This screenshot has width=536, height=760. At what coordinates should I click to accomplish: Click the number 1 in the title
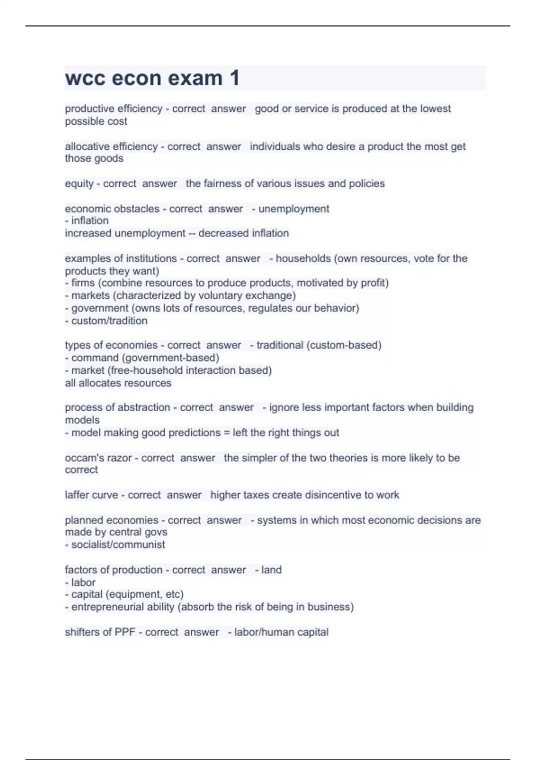pyautogui.click(x=234, y=78)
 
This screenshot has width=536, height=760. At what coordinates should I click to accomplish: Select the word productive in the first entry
pyautogui.click(x=88, y=109)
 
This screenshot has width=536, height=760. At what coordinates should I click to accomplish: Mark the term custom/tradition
pyautogui.click(x=109, y=321)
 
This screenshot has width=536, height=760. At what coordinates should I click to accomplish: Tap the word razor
pyautogui.click(x=120, y=458)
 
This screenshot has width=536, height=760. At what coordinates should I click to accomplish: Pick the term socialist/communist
pyautogui.click(x=118, y=545)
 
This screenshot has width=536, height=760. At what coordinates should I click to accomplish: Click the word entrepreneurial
pyautogui.click(x=108, y=607)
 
